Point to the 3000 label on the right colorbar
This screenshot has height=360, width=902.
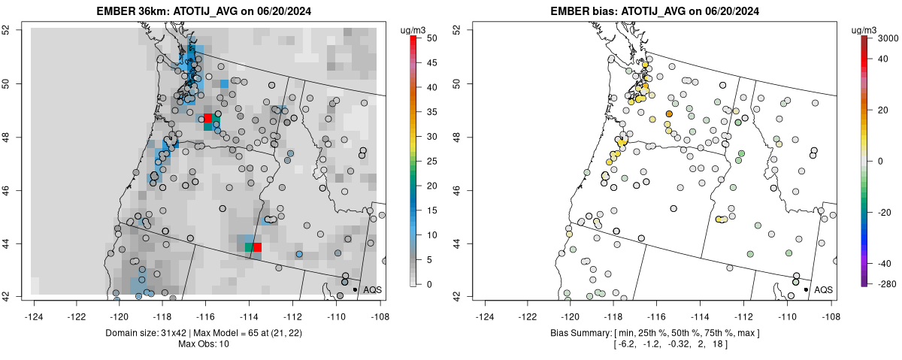point(889,38)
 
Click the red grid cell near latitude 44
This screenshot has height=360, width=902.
point(257,247)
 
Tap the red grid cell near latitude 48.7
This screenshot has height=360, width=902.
point(208,119)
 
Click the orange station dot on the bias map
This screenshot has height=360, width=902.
point(669,113)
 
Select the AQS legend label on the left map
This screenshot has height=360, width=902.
point(373,289)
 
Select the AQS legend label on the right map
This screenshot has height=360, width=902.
point(824,289)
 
